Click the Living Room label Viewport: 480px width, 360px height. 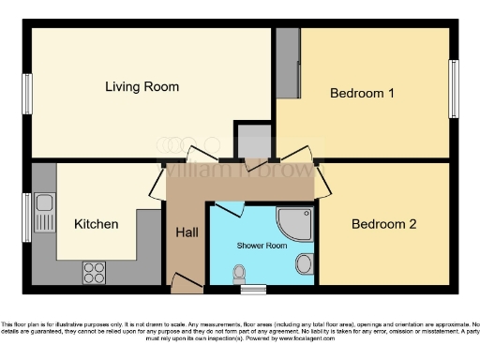pyautogui.click(x=142, y=87)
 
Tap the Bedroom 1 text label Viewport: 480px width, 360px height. pyautogui.click(x=362, y=94)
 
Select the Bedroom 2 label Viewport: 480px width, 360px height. pyautogui.click(x=383, y=224)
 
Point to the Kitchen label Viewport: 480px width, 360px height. pyautogui.click(x=97, y=224)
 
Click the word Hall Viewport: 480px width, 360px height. pyautogui.click(x=187, y=232)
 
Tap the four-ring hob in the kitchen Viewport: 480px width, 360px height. pyautogui.click(x=95, y=272)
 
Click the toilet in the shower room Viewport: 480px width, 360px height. pyautogui.click(x=240, y=274)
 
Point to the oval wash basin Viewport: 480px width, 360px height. pyautogui.click(x=305, y=262)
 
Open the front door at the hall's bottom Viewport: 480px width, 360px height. pyautogui.click(x=185, y=280)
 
